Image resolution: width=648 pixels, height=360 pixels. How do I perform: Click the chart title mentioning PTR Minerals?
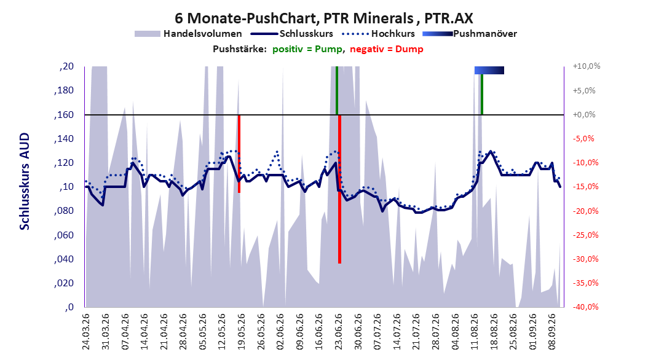(x=323, y=18)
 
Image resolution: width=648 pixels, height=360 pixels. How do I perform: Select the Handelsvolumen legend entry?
(x=188, y=34)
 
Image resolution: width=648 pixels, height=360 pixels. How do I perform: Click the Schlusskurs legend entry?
(x=292, y=34)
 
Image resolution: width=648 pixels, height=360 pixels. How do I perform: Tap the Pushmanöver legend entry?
(x=470, y=34)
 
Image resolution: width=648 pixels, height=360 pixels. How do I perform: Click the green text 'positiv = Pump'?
(x=307, y=49)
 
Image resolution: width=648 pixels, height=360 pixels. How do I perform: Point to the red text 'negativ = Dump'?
(x=387, y=49)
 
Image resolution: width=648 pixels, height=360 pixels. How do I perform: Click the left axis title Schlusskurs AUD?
(x=25, y=181)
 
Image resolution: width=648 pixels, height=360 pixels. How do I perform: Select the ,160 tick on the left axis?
(x=64, y=115)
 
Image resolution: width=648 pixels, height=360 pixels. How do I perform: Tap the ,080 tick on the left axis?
(x=64, y=211)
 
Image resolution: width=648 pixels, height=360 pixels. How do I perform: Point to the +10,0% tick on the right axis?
(x=587, y=66)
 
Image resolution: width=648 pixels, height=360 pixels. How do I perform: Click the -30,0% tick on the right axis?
(x=585, y=259)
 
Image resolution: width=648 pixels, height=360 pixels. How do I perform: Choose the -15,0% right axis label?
(x=585, y=187)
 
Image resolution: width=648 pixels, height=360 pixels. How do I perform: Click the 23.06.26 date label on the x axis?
(x=338, y=332)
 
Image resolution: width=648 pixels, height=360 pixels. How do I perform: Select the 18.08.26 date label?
(x=494, y=332)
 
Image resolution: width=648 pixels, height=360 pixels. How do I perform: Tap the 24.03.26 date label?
(x=86, y=332)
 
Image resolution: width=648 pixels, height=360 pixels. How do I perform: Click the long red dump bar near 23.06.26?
(x=340, y=189)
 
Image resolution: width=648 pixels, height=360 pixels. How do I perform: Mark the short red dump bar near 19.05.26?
(x=239, y=154)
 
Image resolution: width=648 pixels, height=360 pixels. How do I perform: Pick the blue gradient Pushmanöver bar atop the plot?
(x=489, y=71)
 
